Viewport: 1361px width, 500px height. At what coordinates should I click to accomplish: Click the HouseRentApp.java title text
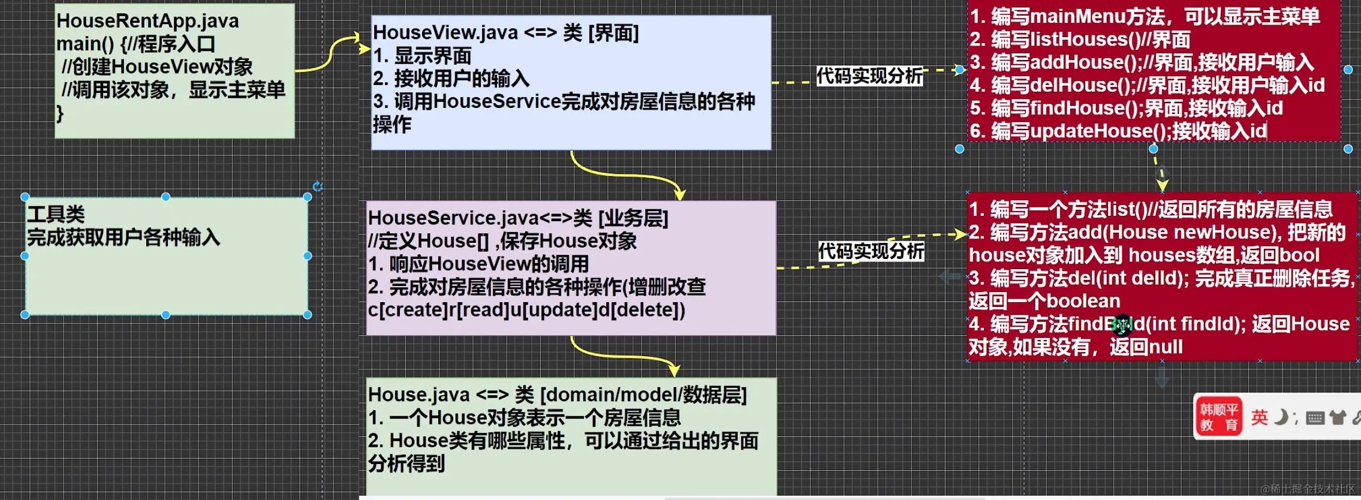147,21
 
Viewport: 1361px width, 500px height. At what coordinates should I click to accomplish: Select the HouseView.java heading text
445,32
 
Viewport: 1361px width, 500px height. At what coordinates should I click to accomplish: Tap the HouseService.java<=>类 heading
470,218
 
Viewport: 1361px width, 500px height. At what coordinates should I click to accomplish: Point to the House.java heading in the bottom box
418,394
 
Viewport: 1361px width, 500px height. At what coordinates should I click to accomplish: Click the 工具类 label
56,214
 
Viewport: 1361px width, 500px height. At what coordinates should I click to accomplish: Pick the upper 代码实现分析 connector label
869,76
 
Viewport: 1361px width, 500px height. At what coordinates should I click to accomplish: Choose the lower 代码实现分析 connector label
871,251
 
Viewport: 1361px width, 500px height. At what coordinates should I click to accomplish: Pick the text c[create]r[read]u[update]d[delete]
526,310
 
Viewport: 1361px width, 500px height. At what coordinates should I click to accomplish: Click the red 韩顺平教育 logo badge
1218,417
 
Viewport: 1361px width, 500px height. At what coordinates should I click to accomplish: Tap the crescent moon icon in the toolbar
1280,417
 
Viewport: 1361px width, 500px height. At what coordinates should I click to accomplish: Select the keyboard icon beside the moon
1315,418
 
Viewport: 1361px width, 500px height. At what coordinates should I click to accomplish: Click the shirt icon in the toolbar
1338,417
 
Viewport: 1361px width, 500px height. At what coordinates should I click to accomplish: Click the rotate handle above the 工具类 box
318,186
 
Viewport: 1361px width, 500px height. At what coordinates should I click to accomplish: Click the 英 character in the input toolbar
1259,417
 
